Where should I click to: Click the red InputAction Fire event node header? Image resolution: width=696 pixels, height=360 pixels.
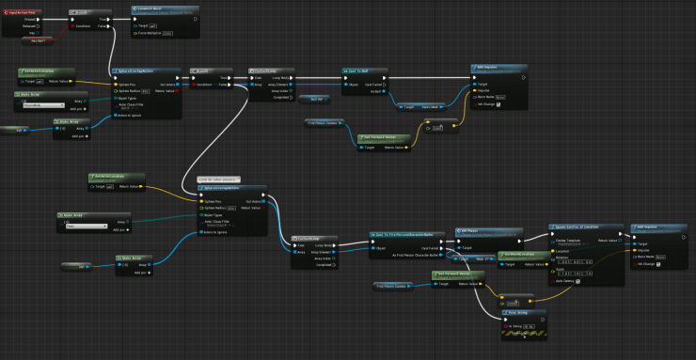coord(26,10)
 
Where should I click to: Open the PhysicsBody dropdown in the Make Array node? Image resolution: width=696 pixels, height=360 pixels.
coord(43,105)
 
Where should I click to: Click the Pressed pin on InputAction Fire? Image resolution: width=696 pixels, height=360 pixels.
coord(31,18)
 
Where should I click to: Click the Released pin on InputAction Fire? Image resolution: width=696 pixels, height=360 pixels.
coord(31,25)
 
